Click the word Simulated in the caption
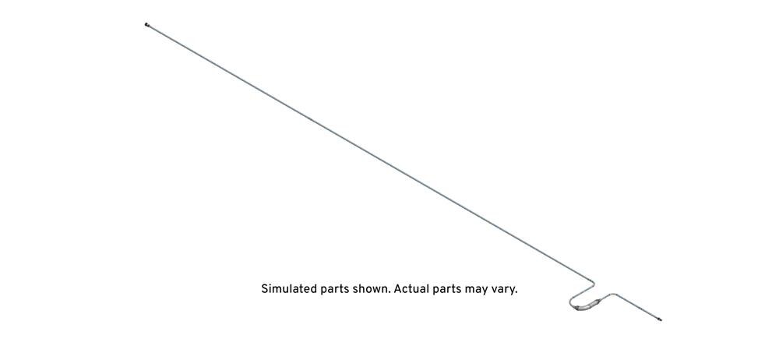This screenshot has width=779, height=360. [288, 289]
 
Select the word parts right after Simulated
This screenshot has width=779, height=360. [334, 290]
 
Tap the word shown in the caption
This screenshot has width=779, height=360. [370, 289]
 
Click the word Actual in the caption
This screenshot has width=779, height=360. [411, 289]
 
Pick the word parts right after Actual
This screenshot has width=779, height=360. [446, 290]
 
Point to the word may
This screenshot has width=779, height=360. [477, 291]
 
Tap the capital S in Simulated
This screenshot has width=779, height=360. [265, 289]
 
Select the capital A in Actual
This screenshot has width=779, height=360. [398, 289]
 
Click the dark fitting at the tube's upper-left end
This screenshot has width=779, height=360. [146, 24]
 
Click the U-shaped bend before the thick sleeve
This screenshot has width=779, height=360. [569, 302]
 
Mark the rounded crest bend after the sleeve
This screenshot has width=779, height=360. [613, 295]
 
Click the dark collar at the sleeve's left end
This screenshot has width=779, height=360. [576, 309]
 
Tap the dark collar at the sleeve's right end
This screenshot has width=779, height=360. [597, 300]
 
